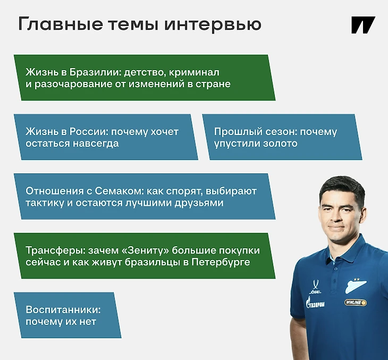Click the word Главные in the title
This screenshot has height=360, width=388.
click(61, 24)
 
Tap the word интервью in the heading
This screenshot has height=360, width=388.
click(213, 24)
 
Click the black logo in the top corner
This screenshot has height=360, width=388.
click(363, 25)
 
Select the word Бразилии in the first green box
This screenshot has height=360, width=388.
click(95, 72)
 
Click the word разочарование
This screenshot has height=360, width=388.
click(73, 85)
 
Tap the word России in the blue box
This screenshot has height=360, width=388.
click(88, 132)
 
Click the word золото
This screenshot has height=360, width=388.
click(280, 144)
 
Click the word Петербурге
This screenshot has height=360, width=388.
click(221, 263)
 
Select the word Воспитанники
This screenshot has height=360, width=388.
click(63, 310)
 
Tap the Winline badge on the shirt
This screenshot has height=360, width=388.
click(356, 303)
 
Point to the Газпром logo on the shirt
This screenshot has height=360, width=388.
click(315, 303)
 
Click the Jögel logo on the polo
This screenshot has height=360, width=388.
click(315, 287)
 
